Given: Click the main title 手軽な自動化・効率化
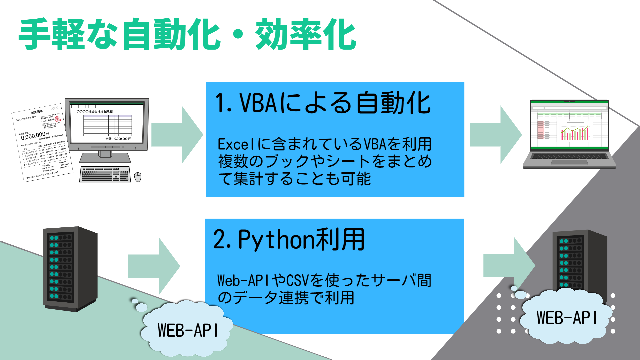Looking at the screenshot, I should click(x=187, y=35).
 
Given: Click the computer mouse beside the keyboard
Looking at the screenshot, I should click(x=138, y=177).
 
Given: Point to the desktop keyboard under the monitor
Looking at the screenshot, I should click(x=105, y=174).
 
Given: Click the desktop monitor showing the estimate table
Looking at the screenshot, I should click(x=107, y=125).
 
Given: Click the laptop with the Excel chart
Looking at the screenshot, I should click(x=569, y=133).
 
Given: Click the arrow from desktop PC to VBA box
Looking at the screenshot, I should click(x=177, y=135).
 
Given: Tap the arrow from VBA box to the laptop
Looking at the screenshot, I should click(x=495, y=135).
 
